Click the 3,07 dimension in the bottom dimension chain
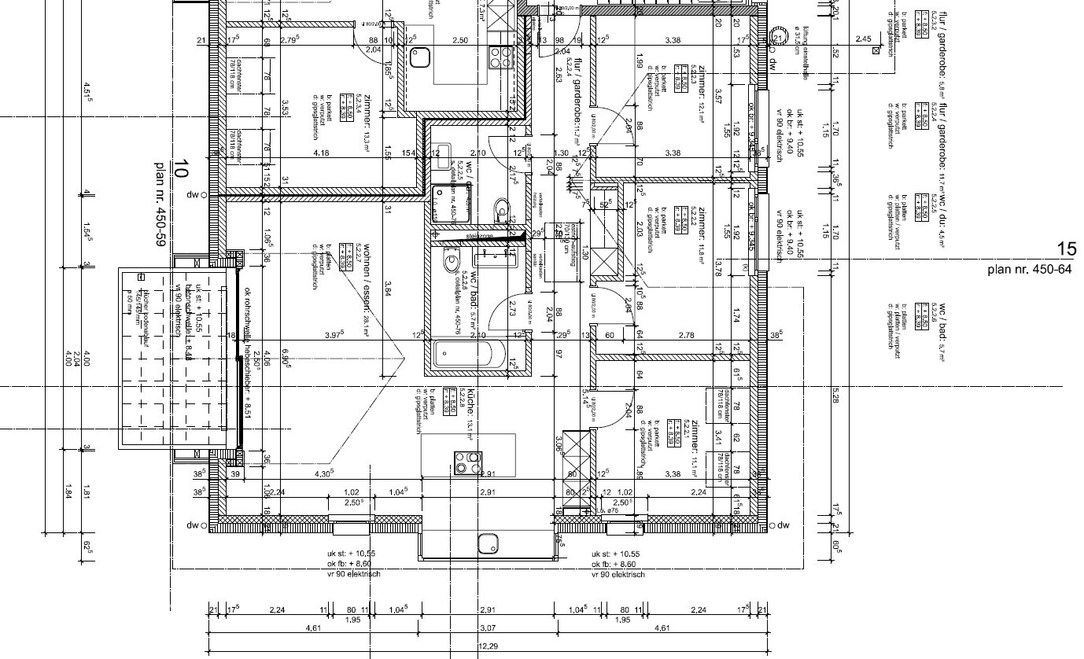(x=489, y=628)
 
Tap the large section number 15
(x=1066, y=249)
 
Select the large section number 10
(x=182, y=168)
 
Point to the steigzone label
(x=479, y=235)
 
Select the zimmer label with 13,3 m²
(x=366, y=126)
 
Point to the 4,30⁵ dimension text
(x=324, y=473)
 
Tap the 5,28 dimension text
(x=835, y=397)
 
